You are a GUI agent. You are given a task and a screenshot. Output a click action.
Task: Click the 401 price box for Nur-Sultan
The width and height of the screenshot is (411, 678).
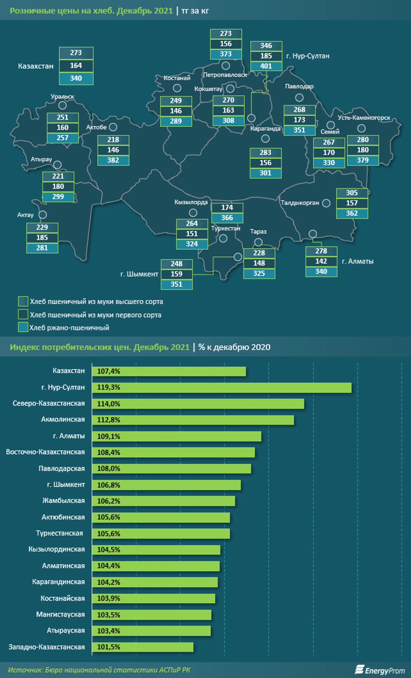tap(266, 66)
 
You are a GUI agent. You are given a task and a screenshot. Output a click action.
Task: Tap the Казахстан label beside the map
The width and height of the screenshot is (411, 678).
tap(36, 66)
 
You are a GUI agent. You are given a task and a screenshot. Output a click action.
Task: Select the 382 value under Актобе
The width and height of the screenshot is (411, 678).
tap(113, 160)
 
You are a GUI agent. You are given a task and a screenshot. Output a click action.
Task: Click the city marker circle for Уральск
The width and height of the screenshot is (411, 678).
tap(63, 105)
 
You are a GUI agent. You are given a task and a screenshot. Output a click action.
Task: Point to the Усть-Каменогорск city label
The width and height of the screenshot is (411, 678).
tap(364, 118)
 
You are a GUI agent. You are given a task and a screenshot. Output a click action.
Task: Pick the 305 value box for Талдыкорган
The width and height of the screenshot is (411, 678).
tap(352, 193)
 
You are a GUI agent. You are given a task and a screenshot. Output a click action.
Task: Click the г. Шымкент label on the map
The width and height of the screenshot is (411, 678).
tap(139, 274)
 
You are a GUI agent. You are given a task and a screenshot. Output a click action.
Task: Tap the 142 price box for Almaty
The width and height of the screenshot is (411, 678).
tap(321, 261)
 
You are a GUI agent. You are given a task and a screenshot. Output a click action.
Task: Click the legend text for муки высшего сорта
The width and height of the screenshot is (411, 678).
tap(96, 302)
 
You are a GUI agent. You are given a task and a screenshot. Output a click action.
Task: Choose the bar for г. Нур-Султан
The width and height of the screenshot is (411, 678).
tap(222, 387)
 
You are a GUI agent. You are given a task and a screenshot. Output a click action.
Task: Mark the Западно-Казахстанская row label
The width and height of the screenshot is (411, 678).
tap(47, 647)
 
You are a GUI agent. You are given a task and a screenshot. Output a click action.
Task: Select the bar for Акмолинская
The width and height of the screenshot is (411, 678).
tap(193, 420)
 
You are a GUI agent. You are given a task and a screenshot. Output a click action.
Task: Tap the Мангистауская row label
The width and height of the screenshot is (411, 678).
tap(60, 614)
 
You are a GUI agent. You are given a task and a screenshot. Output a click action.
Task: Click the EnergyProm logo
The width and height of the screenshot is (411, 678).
tap(380, 670)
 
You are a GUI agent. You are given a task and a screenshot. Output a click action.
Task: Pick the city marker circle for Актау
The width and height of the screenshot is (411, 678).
tap(43, 215)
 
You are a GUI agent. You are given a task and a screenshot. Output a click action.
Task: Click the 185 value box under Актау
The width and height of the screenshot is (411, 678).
tap(42, 237)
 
